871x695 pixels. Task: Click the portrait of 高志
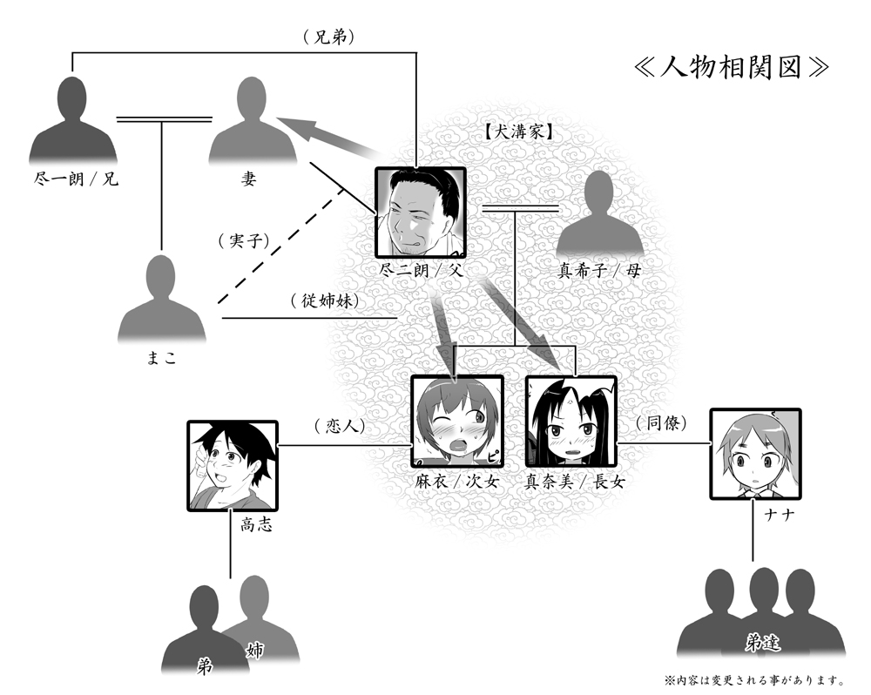coord(232,465)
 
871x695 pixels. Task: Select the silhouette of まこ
coord(162,300)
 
